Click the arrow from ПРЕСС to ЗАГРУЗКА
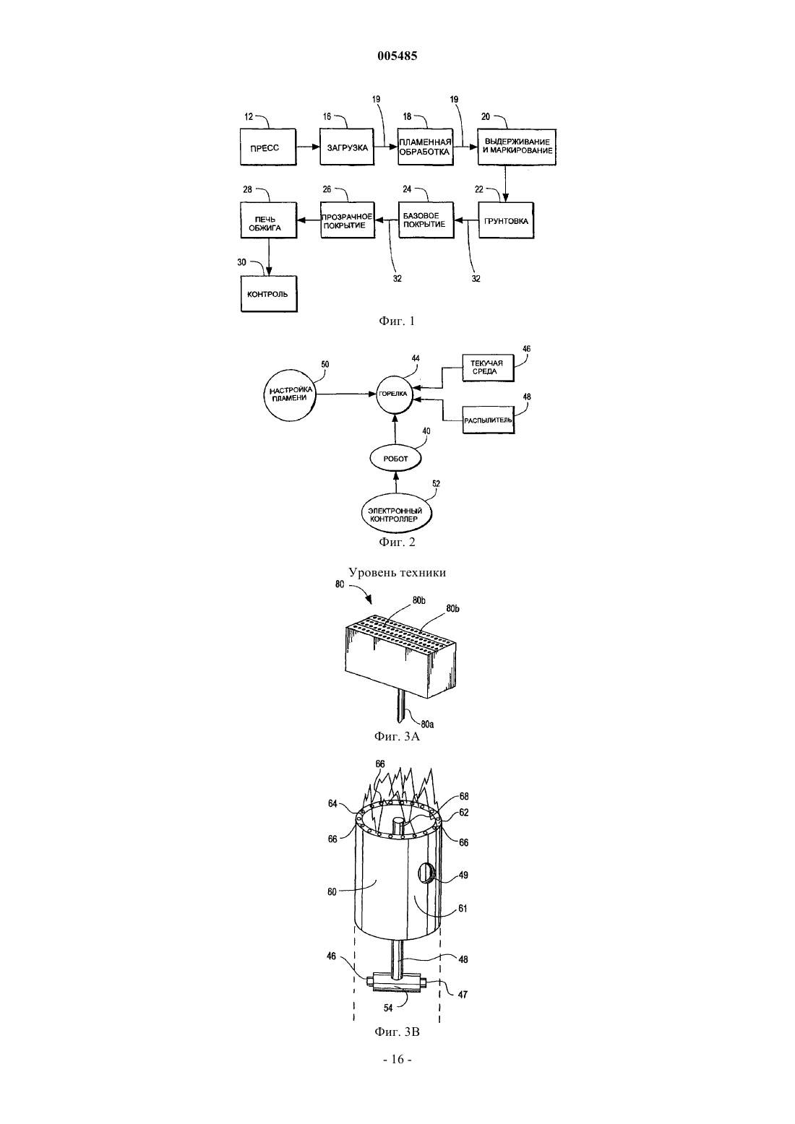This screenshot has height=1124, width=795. [308, 147]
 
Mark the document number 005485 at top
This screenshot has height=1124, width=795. [397, 56]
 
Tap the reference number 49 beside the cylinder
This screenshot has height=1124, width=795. [463, 875]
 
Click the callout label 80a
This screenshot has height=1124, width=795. [427, 724]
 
